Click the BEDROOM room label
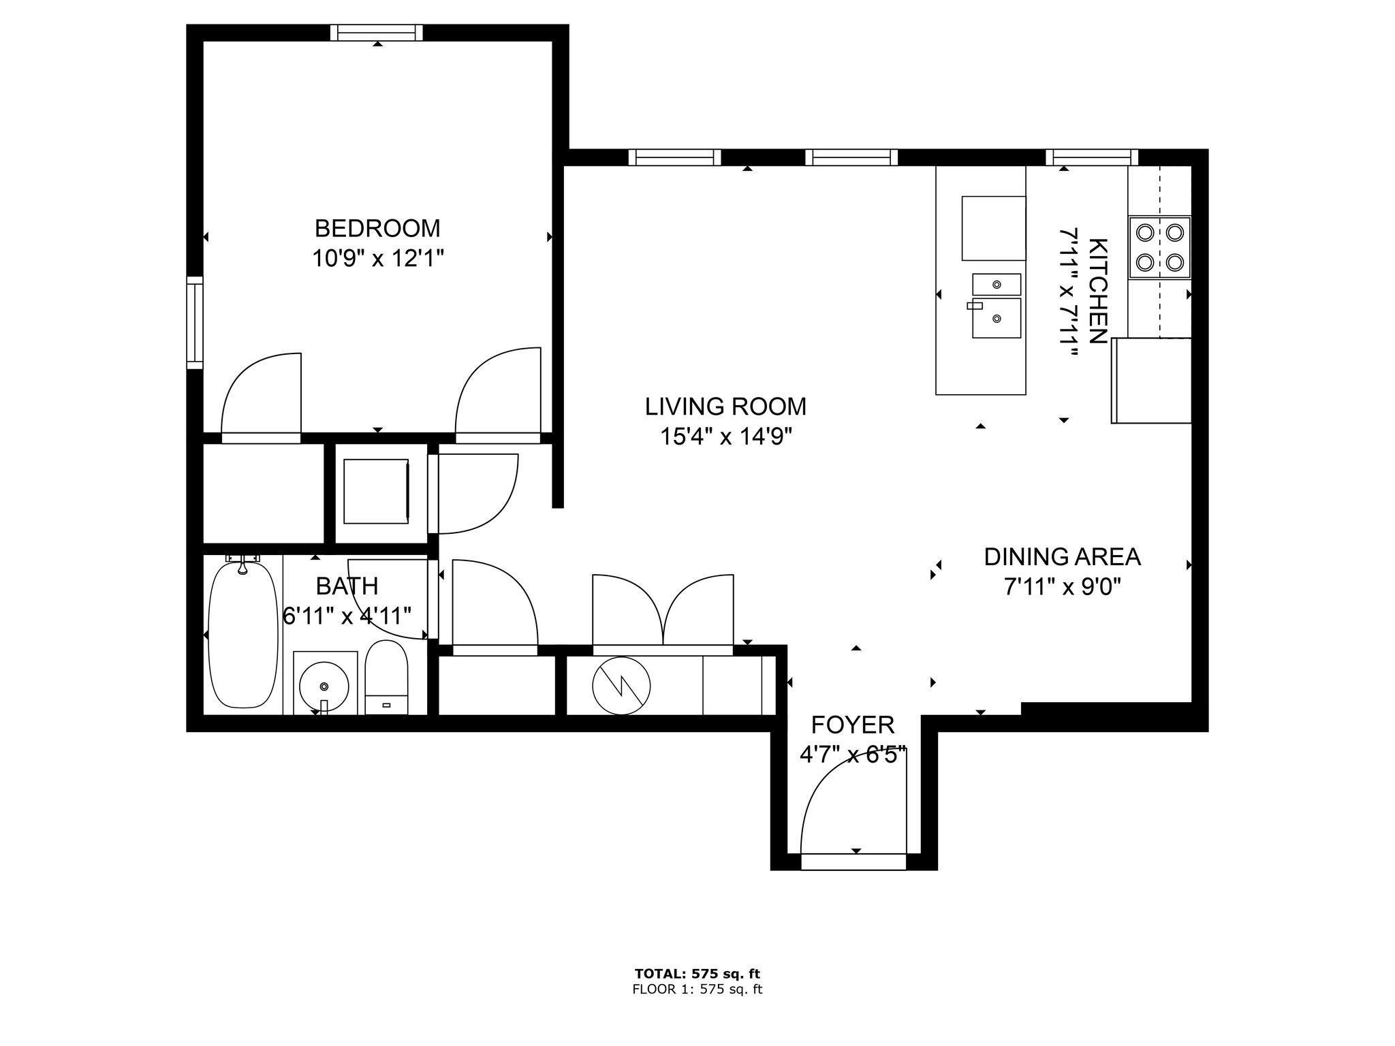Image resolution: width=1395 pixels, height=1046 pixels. pos(377,227)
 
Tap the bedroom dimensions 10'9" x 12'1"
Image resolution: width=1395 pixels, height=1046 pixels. pos(378,259)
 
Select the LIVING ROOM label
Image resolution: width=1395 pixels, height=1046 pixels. pos(725,407)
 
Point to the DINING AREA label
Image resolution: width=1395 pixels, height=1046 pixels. pos(1062,557)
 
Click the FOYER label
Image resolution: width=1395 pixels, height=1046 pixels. pos(853,725)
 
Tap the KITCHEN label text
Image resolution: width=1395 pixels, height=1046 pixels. pos(1097,291)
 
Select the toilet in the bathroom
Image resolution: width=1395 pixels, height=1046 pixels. pos(386,678)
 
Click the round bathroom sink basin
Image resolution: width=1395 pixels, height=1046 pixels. pos(325,684)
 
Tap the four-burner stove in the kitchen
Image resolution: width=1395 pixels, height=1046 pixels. pos(1159,247)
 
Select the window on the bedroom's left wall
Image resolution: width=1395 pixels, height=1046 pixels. pos(195,323)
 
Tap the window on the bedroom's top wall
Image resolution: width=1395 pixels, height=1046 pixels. pos(377,33)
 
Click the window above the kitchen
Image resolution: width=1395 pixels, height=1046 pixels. pos(1092,157)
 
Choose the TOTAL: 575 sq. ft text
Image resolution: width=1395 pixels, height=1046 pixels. pos(697,974)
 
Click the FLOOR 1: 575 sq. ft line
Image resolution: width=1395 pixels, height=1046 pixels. pos(697,989)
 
